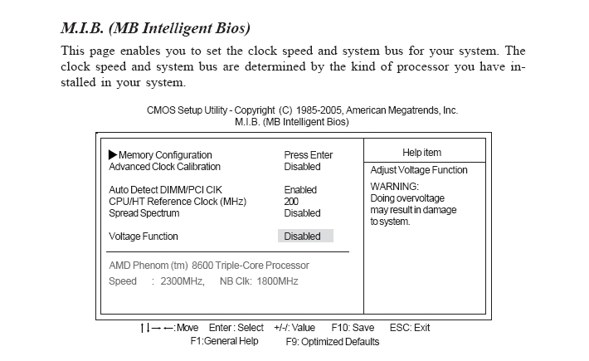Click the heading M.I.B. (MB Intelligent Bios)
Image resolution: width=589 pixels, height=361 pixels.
tap(155, 29)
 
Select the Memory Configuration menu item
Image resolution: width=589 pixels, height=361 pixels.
tap(165, 155)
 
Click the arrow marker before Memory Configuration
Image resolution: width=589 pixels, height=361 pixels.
tap(114, 155)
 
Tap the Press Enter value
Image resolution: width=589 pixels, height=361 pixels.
tap(308, 155)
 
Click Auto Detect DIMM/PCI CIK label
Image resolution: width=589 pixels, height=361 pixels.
tap(166, 190)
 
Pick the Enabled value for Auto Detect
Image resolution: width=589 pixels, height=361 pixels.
tap(300, 190)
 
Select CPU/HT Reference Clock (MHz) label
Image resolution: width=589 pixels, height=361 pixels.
tap(178, 202)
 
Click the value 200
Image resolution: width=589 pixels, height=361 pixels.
tap(291, 202)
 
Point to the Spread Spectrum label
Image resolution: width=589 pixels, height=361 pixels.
tap(144, 213)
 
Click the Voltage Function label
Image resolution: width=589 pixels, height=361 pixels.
tap(144, 237)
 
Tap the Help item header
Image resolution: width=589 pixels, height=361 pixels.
tap(421, 153)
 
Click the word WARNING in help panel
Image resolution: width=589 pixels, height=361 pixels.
tap(395, 187)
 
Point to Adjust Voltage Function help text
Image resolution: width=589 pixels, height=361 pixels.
tap(419, 170)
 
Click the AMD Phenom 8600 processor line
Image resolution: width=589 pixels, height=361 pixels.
tap(209, 266)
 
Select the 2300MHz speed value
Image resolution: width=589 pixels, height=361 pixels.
tap(183, 281)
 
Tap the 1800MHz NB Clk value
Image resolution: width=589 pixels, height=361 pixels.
tap(277, 281)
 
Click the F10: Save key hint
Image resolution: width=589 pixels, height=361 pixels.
tap(353, 328)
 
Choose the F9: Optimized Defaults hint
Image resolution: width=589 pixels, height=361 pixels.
tap(333, 341)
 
